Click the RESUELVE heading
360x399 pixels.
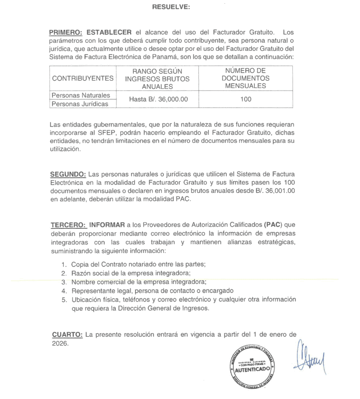tap(171, 7)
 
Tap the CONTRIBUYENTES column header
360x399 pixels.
tap(83, 78)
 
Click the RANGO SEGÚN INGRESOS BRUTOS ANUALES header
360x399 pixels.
tap(157, 79)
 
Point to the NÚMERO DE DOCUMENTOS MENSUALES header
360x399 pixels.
tap(246, 78)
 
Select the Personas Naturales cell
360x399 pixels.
tap(81, 95)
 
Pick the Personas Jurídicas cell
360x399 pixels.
tap(80, 104)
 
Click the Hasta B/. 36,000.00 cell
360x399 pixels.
tap(158, 99)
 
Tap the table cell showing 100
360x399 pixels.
tap(246, 99)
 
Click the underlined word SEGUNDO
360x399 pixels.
tap(68, 174)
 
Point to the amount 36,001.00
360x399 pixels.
tap(280, 191)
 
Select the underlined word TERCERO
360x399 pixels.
tap(68, 225)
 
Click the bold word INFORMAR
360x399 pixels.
tap(107, 225)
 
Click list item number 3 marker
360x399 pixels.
tap(64, 282)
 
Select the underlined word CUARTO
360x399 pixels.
tap(67, 335)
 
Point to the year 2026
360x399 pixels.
tap(60, 343)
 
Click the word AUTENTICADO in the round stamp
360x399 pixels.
tap(252, 370)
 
